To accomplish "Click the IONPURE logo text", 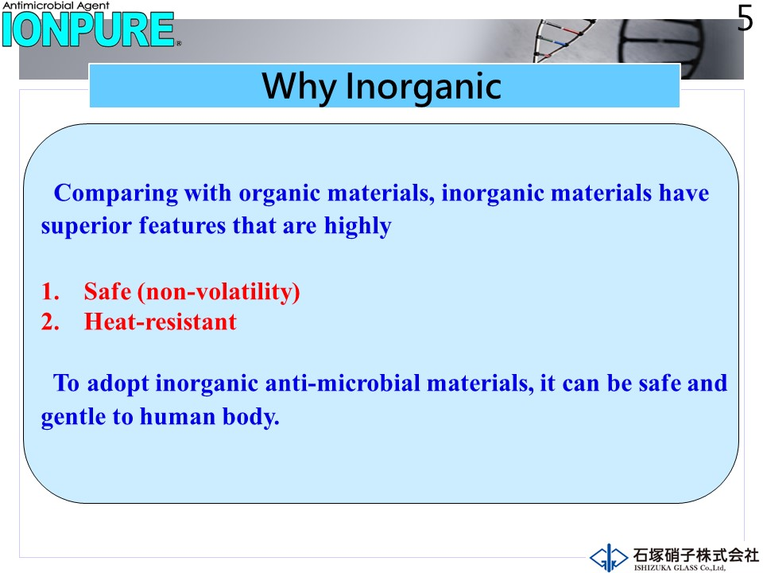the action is tap(88, 29).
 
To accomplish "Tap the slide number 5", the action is tap(745, 18).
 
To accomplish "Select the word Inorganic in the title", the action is tap(424, 86).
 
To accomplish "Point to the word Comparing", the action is tap(116, 193).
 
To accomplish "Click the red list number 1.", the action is tap(50, 291).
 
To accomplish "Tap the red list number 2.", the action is tap(50, 322).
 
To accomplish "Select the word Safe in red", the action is tap(107, 291).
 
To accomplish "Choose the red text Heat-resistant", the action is tap(160, 322).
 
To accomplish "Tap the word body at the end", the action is tap(251, 417).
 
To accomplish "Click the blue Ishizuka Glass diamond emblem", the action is tap(608, 557).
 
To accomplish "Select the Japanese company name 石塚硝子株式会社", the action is tap(696, 555).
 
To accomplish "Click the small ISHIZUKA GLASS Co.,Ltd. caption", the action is tap(680, 567).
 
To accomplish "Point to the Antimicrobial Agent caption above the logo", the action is tap(56, 6).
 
